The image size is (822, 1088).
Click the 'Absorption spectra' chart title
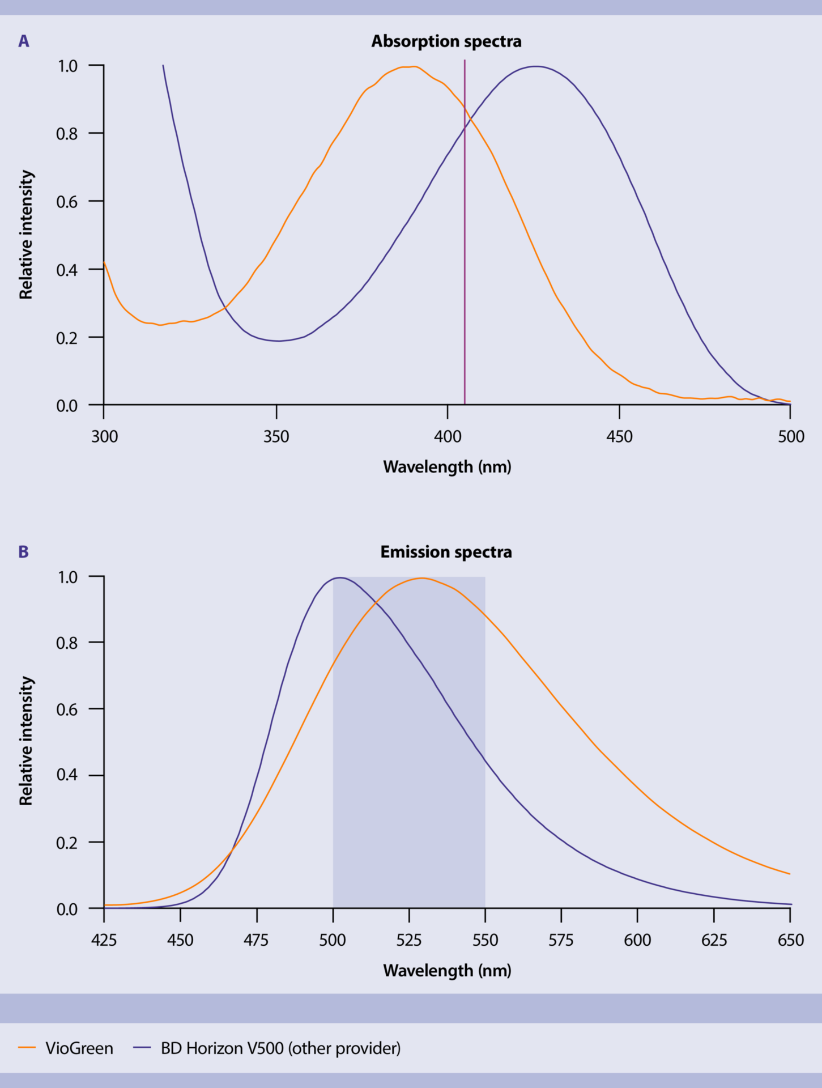point(446,41)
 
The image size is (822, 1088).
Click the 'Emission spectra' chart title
point(446,552)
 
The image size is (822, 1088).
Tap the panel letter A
point(24,41)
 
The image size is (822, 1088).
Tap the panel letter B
point(24,552)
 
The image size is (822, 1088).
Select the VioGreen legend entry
point(79,1048)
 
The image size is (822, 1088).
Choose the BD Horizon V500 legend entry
point(280,1048)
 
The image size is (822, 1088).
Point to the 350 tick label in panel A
point(276,437)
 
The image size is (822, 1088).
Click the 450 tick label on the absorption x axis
point(619,437)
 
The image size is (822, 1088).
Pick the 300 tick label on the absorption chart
point(105,437)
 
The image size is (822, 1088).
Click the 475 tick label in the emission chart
point(256,940)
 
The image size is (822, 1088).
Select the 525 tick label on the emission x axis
point(409,940)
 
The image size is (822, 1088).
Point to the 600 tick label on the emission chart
point(637,940)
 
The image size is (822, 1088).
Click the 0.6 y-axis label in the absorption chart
point(67,202)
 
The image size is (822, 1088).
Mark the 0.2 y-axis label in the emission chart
point(67,843)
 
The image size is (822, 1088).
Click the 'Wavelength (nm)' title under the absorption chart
point(447,467)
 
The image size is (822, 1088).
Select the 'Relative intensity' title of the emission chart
point(27,741)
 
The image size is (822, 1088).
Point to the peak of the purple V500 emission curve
point(339,577)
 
